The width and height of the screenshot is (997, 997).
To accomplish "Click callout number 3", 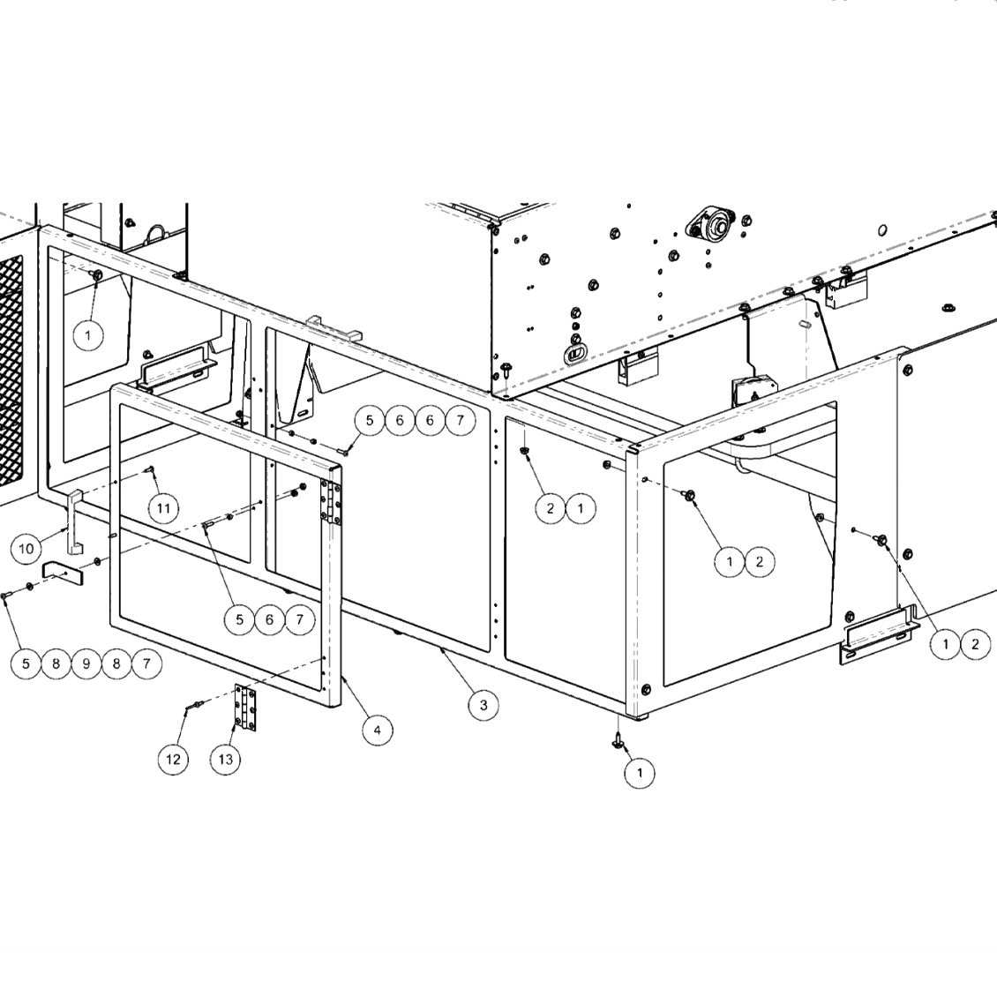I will [x=483, y=705].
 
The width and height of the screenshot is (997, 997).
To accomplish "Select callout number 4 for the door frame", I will [x=377, y=730].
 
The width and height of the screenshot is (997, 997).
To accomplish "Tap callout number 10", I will [x=26, y=549].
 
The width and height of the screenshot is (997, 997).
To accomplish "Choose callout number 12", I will [x=174, y=759].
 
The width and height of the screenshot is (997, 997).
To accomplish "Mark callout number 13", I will [x=227, y=759].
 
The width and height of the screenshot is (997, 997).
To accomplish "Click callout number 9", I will [x=86, y=663].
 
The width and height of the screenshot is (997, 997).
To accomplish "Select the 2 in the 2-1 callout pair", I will [x=551, y=508].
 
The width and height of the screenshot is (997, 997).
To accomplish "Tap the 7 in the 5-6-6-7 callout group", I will [x=460, y=421].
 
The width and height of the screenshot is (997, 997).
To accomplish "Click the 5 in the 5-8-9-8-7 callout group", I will [x=26, y=663].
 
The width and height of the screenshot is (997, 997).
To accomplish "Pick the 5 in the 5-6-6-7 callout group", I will [x=370, y=421].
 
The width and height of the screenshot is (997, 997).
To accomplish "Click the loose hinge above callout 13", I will [x=247, y=708].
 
